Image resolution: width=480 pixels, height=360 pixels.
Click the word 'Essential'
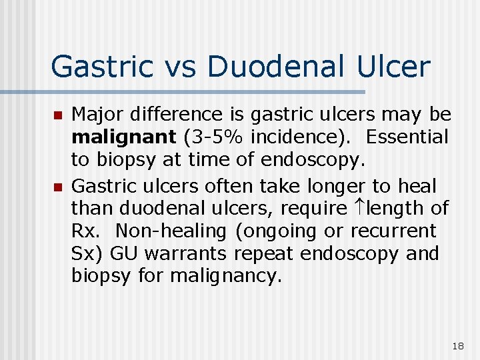(407, 137)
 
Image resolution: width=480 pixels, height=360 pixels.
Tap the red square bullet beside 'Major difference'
(57, 115)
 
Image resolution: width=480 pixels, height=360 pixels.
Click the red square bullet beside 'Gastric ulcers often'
(57, 185)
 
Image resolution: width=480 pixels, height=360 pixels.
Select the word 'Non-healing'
(171, 231)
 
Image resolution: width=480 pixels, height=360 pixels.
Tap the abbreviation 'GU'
(123, 254)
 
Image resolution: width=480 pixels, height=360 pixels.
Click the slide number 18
(457, 346)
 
